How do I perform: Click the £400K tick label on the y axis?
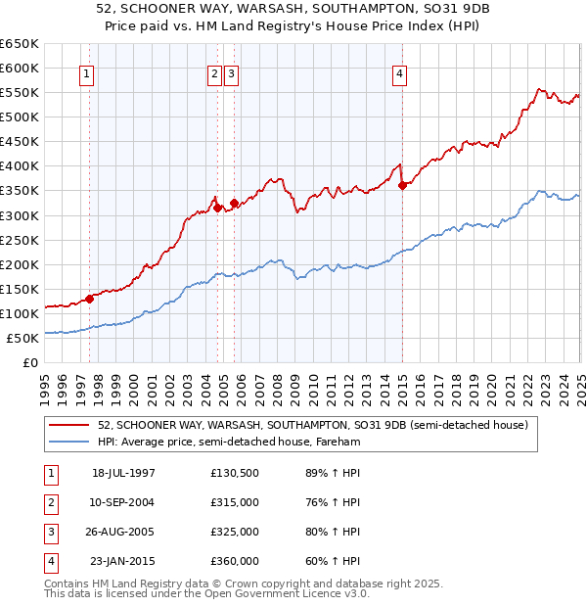pos(20,165)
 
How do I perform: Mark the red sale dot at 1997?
pos(89,298)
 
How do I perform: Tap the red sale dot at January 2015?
pos(403,185)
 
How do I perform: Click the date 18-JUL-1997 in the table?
pos(123,473)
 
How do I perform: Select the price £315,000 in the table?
pos(235,502)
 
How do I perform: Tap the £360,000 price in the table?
pos(235,561)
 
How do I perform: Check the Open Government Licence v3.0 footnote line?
pos(206,593)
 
